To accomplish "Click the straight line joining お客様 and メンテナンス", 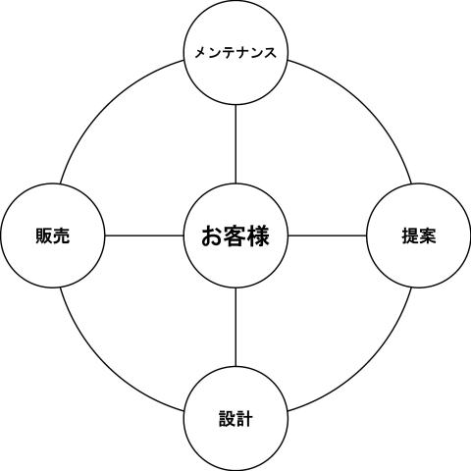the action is coord(235,144).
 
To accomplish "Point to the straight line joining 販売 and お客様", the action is coord(144,235).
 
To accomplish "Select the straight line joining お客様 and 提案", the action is coord(327,235).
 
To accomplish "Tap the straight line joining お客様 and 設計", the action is coord(235,327).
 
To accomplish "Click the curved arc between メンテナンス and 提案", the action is coord(365,106).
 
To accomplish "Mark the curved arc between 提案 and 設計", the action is coord(365,365).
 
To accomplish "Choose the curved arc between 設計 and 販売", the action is coord(106,365).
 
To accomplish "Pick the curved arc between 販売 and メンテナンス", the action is coord(106,106).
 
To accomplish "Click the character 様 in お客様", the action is coord(258,235).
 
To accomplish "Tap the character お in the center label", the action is coord(213,235).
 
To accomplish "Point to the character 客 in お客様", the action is coord(235,235).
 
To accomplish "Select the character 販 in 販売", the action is coord(44,235).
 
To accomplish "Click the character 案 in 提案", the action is coord(427,235).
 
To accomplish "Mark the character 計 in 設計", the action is coord(244,419).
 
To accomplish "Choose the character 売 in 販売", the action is coord(61,235).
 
